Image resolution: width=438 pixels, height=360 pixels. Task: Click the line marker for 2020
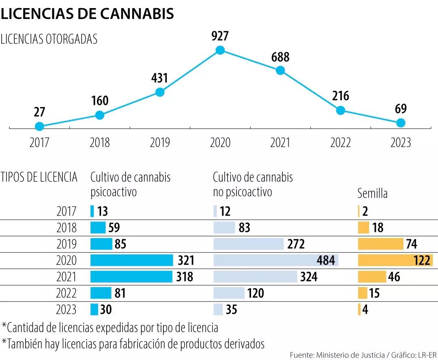coord(220,50)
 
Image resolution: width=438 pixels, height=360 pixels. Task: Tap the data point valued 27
coord(39,126)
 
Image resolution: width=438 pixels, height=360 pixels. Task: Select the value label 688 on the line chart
coord(280,57)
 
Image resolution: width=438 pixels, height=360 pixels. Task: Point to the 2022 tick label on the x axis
coord(340,143)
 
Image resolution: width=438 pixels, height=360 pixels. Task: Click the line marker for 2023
coord(401,123)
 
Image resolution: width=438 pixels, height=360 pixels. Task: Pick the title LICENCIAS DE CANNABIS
coord(88,13)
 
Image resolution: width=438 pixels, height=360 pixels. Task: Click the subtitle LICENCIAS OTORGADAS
coord(49,39)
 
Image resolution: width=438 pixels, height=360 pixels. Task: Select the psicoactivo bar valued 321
coord(132,260)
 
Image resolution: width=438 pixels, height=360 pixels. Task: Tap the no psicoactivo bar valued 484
coord(276,260)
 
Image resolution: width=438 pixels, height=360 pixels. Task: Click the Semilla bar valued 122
coord(395,260)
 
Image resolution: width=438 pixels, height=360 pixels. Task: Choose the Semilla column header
coord(372,193)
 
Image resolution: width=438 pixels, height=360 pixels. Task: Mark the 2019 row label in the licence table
coord(67,244)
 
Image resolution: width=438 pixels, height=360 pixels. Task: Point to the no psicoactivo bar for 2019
coord(248,244)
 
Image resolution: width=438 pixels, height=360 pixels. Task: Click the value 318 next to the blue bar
coord(185,277)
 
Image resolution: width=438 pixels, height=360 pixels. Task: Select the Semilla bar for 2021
coord(372,277)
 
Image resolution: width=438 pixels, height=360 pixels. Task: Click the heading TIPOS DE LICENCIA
coord(39,177)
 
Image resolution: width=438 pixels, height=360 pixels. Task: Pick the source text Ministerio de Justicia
coord(345,355)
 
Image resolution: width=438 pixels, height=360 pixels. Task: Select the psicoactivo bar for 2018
coord(98,227)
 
